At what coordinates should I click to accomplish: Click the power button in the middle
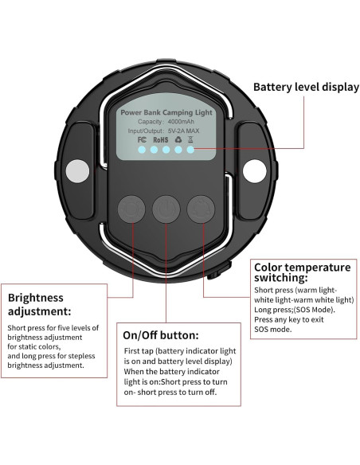(x=166, y=209)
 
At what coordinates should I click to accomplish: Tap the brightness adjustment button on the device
(x=131, y=209)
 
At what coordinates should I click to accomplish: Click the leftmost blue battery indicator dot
(x=142, y=150)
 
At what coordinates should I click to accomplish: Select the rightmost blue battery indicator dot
(x=190, y=150)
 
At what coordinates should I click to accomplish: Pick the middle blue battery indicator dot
(x=166, y=150)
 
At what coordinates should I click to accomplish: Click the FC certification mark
(x=142, y=139)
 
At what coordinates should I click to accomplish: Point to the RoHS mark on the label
(x=160, y=139)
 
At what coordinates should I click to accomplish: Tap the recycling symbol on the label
(x=178, y=139)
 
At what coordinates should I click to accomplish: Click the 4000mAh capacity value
(x=181, y=122)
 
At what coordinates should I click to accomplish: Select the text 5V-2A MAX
(x=183, y=131)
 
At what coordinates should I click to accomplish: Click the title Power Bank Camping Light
(x=166, y=113)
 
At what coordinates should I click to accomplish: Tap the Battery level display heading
(x=306, y=88)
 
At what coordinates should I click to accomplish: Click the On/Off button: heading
(x=161, y=335)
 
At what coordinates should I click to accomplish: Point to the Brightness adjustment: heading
(x=40, y=305)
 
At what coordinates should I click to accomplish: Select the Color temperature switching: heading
(x=303, y=272)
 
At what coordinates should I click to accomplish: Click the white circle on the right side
(x=254, y=171)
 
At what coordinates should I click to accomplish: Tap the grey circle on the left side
(x=77, y=171)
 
